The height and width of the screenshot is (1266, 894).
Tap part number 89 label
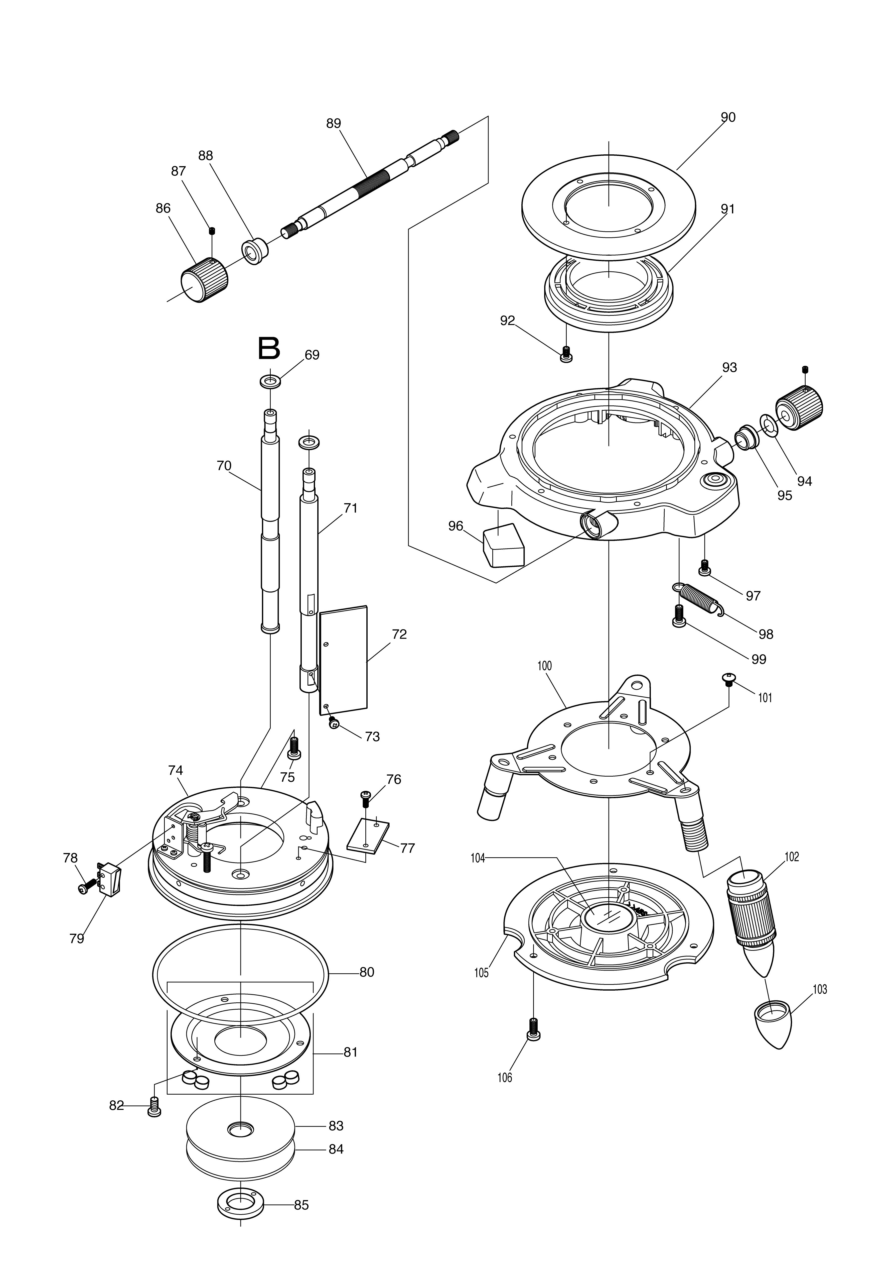(334, 124)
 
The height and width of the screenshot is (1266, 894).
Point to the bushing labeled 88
(255, 251)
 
